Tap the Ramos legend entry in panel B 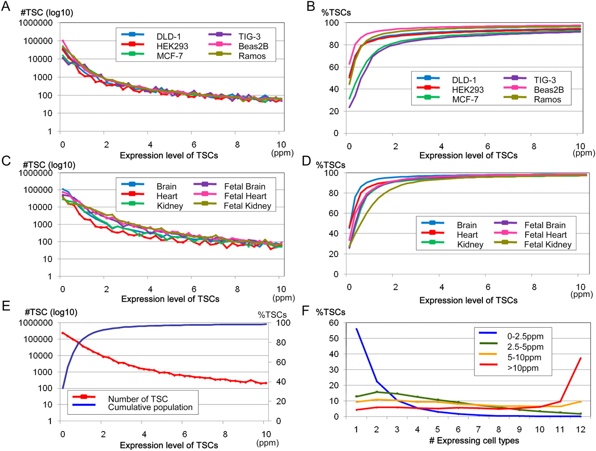(547, 99)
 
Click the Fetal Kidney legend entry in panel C (247, 206)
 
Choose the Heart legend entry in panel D (467, 235)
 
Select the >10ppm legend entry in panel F (522, 368)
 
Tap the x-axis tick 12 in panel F (580, 430)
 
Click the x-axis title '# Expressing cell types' (474, 441)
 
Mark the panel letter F (305, 311)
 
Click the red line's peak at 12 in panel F (580, 358)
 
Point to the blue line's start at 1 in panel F (356, 329)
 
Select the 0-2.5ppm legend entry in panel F (525, 336)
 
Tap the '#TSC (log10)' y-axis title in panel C (49, 165)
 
